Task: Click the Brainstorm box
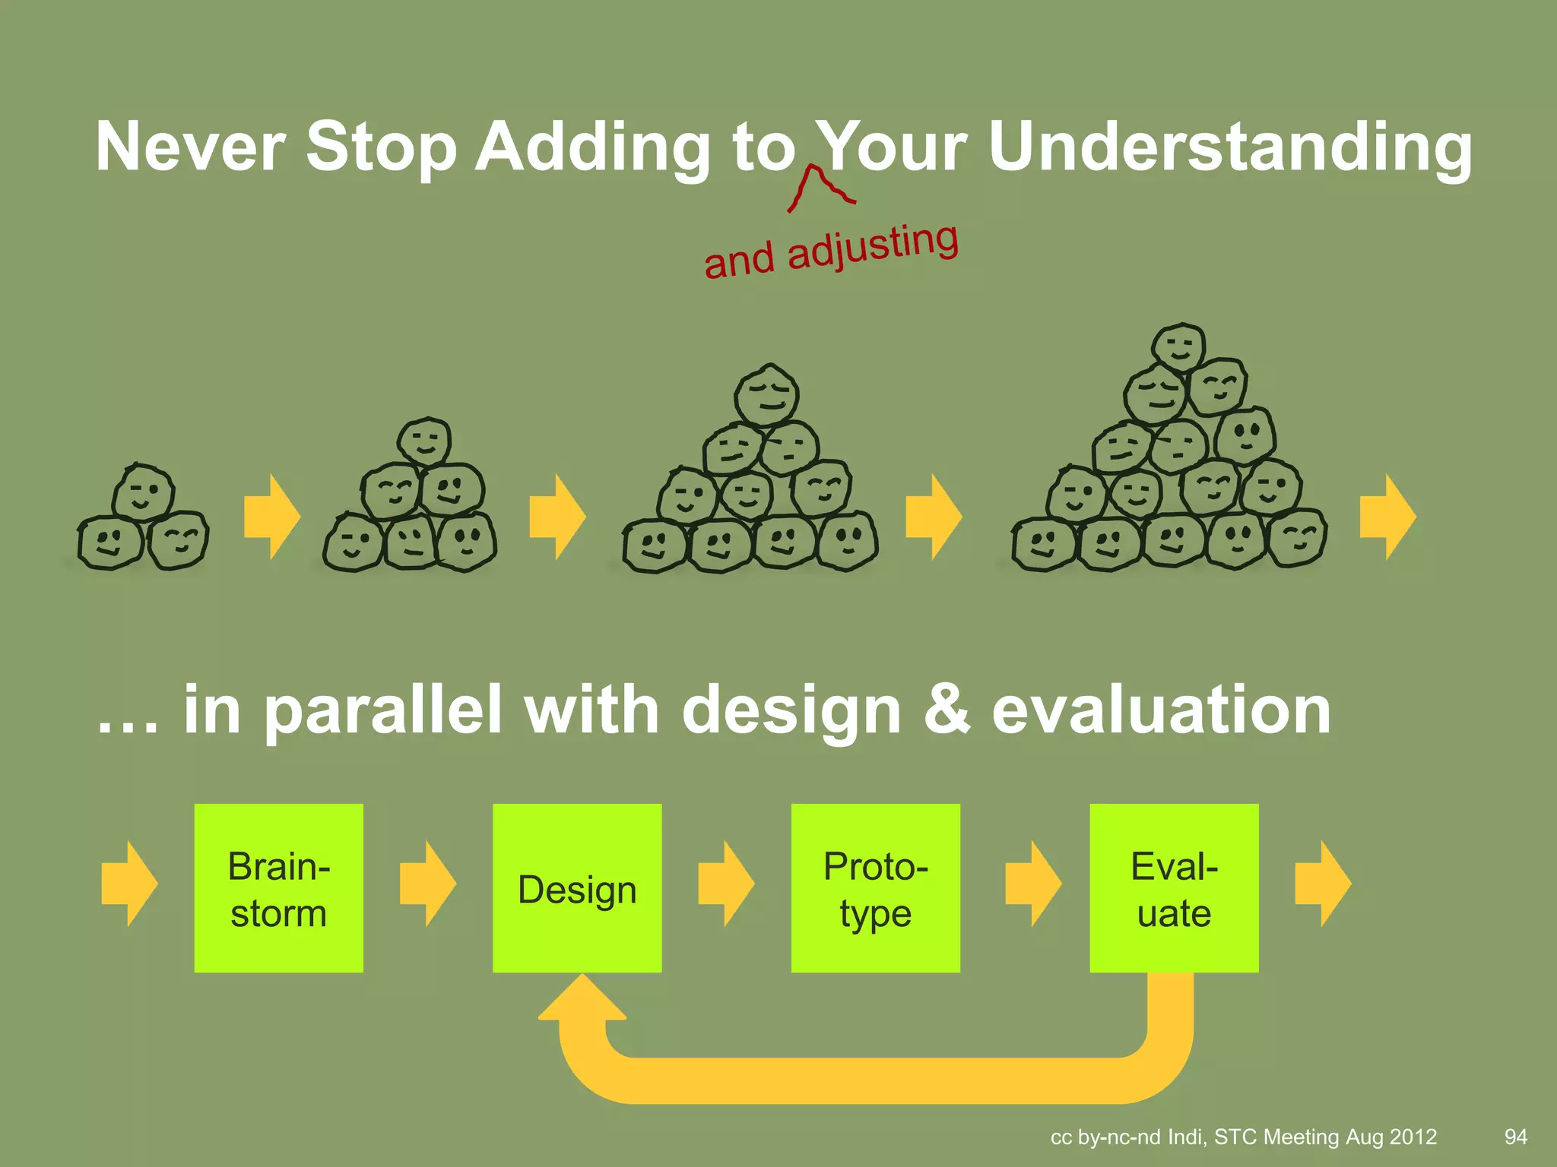pyautogui.click(x=278, y=887)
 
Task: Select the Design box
pyautogui.click(x=576, y=887)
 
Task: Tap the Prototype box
pyautogui.click(x=875, y=887)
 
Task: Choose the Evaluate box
pyautogui.click(x=1174, y=887)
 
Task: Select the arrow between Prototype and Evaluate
pyautogui.click(x=1032, y=884)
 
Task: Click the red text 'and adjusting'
pyautogui.click(x=831, y=251)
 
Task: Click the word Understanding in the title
pyautogui.click(x=1230, y=147)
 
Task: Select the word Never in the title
pyautogui.click(x=190, y=147)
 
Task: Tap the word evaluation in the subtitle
pyautogui.click(x=1161, y=710)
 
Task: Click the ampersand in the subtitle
pyautogui.click(x=947, y=710)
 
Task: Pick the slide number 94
pyautogui.click(x=1515, y=1137)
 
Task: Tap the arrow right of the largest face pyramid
pyautogui.click(x=1387, y=517)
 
